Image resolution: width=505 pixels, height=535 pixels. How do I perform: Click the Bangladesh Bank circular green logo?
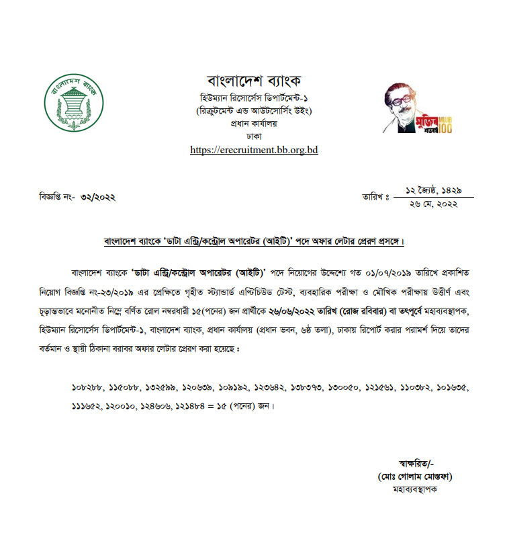point(74,101)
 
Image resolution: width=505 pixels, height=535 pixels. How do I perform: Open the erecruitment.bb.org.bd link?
point(254,150)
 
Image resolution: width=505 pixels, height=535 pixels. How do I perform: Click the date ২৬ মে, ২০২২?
point(432,204)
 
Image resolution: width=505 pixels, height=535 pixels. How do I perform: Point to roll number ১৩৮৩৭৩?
point(308,388)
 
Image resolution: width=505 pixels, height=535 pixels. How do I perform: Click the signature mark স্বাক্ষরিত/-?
point(416,462)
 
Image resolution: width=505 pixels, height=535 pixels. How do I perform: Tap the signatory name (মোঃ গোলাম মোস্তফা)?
point(414,476)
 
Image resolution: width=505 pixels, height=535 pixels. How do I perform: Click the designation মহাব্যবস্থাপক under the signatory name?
point(414,489)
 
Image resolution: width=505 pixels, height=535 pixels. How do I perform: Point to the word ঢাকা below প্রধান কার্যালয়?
point(254,135)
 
